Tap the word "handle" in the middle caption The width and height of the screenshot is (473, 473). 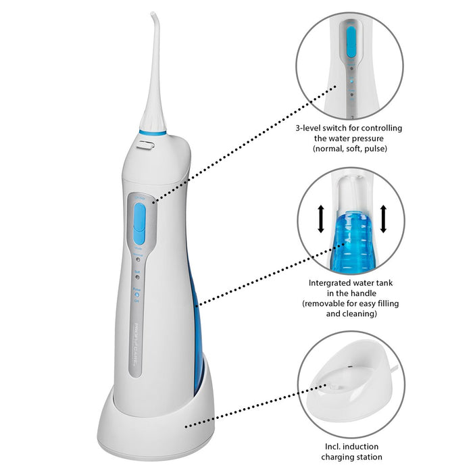[x=364, y=294]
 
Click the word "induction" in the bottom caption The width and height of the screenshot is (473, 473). [x=367, y=447]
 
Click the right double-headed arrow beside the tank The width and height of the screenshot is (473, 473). [x=383, y=219]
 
